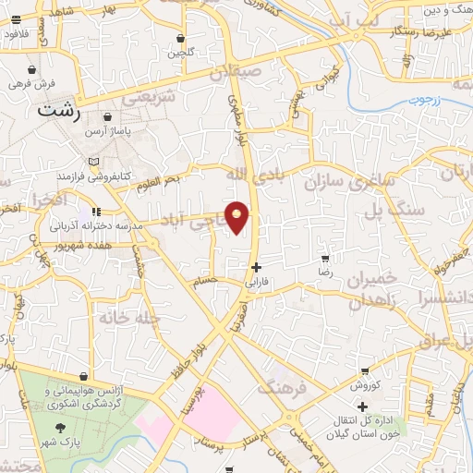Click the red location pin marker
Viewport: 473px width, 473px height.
pyautogui.click(x=237, y=217)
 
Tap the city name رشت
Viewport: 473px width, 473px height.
pyautogui.click(x=60, y=109)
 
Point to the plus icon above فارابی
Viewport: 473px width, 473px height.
pyautogui.click(x=256, y=266)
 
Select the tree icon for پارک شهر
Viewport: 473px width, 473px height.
pyautogui.click(x=60, y=428)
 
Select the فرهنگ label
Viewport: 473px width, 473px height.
pyautogui.click(x=281, y=386)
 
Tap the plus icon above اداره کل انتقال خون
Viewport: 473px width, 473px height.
pyautogui.click(x=362, y=406)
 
